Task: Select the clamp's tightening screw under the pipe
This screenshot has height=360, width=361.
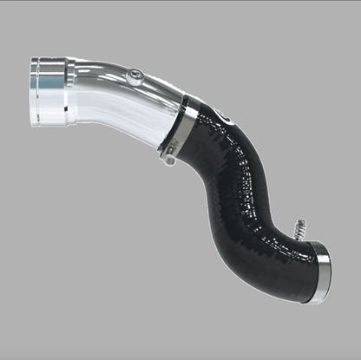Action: [x=169, y=158]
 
